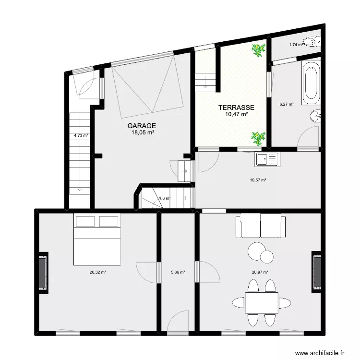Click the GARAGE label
[142, 126]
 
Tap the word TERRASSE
[236, 108]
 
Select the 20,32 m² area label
[98, 272]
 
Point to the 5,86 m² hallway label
[178, 272]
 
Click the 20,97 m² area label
[260, 272]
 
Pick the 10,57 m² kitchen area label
[258, 180]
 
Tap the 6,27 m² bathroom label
[287, 104]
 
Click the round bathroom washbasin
[315, 116]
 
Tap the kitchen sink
[267, 159]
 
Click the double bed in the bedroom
[97, 240]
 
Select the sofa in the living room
[261, 226]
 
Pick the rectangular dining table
[262, 302]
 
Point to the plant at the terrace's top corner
[259, 50]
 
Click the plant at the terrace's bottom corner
[258, 139]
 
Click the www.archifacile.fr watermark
[320, 353]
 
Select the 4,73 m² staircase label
[81, 135]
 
